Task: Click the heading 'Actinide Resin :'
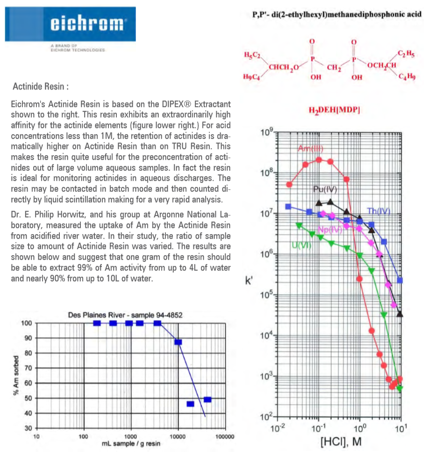(41, 86)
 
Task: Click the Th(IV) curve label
(378, 211)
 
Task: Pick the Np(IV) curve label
(330, 229)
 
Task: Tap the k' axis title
(249, 281)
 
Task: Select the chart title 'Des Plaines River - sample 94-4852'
(125, 315)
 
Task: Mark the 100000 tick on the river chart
(225, 436)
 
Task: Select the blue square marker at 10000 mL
(178, 342)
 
